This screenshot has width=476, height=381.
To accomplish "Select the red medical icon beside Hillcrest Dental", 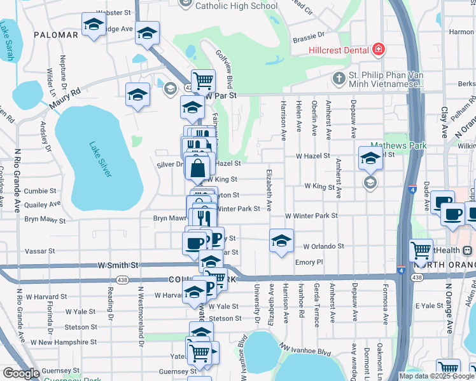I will coord(379,49).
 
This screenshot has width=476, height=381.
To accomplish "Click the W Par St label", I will coord(221,95).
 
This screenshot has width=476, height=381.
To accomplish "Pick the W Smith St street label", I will coord(118,264).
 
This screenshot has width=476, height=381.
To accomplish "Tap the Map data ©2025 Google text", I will coord(437,376).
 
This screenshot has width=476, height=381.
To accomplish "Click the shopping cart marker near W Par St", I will coord(203,81).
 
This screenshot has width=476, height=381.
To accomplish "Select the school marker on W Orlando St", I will coord(281,241).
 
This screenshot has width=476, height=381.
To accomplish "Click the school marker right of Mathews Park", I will coord(370,158).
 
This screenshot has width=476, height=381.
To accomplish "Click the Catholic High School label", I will coord(237,6).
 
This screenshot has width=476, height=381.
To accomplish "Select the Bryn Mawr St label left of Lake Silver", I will coord(45,220).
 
